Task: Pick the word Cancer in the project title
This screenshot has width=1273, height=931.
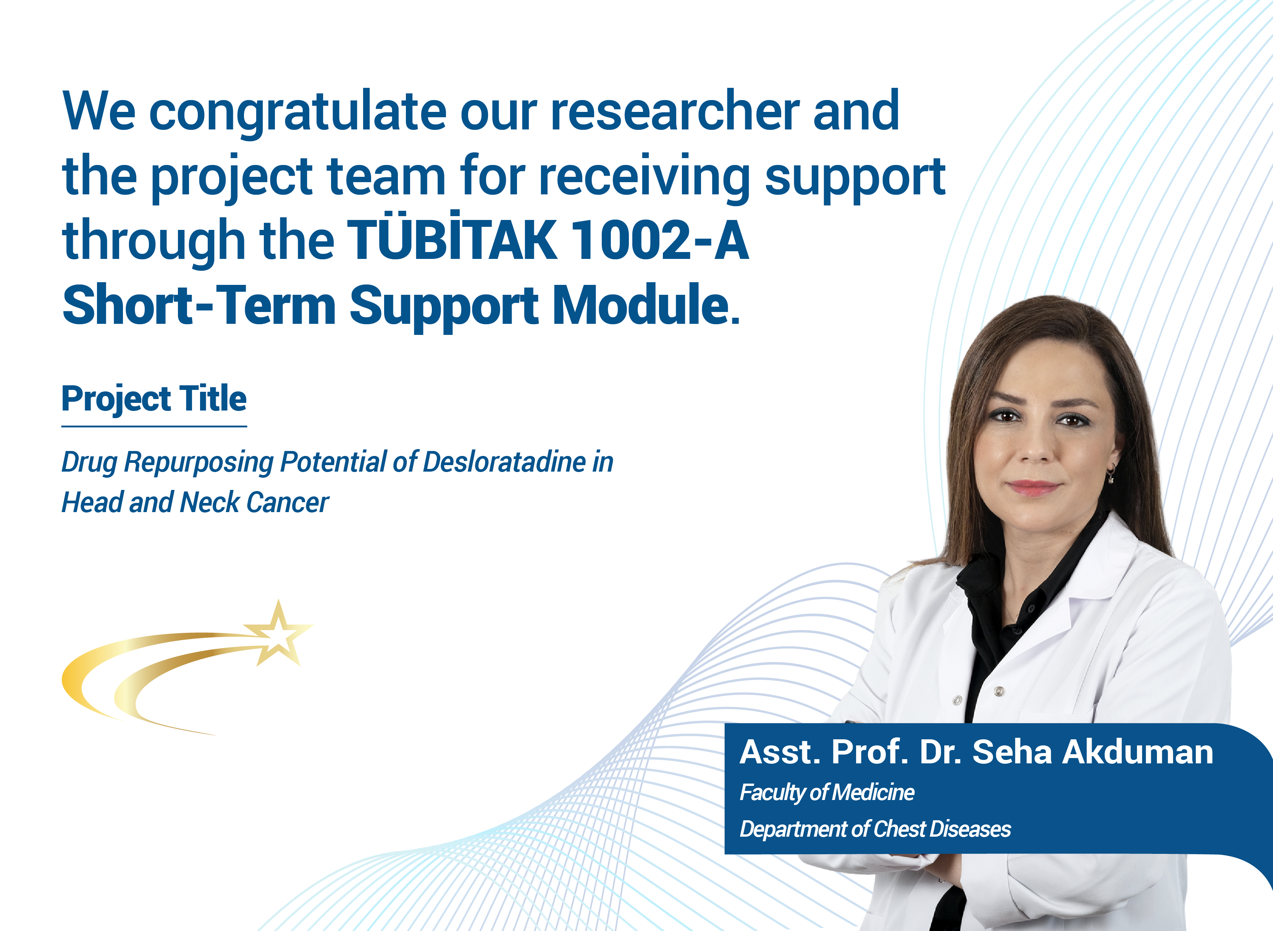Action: pyautogui.click(x=288, y=502)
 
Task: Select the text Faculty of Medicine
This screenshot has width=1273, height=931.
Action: pyautogui.click(x=827, y=792)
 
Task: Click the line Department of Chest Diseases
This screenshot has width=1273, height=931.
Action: pyautogui.click(x=875, y=829)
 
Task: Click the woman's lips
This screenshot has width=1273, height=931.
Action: pyautogui.click(x=1034, y=487)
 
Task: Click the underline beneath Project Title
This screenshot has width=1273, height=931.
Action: pyautogui.click(x=154, y=426)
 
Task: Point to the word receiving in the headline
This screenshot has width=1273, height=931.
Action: pyautogui.click(x=644, y=178)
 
